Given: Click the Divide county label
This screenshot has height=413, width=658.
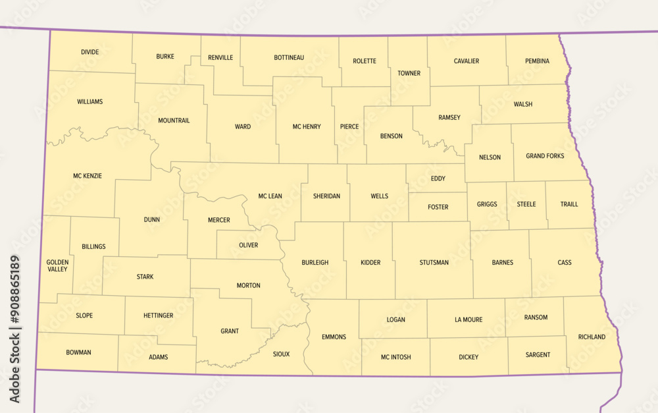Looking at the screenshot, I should coord(90,51).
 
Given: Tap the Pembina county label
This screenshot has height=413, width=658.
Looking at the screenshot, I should coord(537,61).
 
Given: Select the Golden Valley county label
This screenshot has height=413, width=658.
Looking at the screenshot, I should coord(57,265).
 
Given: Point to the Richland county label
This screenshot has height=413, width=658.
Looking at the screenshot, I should coord(592,337).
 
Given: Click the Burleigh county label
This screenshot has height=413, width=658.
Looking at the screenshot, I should coord(315,262).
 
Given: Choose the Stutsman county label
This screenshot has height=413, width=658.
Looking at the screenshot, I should coord(434,262).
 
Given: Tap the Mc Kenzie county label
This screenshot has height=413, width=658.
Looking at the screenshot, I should coord(88,176).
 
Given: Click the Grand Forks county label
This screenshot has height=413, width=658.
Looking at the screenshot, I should coord(545,156).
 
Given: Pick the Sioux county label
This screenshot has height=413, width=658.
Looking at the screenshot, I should coord(281,354).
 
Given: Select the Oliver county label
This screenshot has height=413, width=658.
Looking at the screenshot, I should coord(248,245).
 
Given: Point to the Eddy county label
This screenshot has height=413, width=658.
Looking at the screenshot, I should coord(438,179).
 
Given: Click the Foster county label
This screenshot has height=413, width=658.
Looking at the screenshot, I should coord(438,207).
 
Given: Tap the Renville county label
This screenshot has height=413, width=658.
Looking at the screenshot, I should coord(220,57).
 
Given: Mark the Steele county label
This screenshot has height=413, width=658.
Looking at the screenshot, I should coord(526,204).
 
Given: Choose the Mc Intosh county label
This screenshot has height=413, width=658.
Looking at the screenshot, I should coord(395,357).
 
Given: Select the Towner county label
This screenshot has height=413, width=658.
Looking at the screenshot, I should coord(409,73).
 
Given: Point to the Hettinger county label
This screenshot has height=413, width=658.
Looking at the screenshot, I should coord(159,316).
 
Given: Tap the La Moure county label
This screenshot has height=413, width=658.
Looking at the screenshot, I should coord(468,319).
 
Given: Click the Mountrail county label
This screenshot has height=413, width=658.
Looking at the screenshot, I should coord(174,121).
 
